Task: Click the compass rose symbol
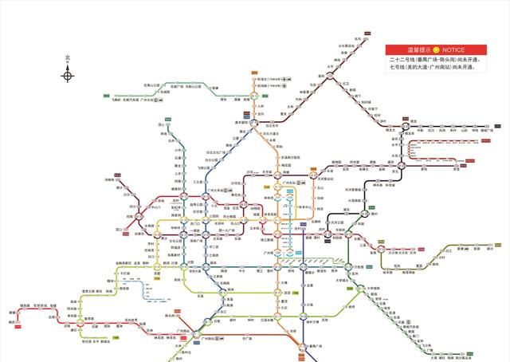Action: pyautogui.click(x=68, y=76)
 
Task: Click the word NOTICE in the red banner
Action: pyautogui.click(x=452, y=49)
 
